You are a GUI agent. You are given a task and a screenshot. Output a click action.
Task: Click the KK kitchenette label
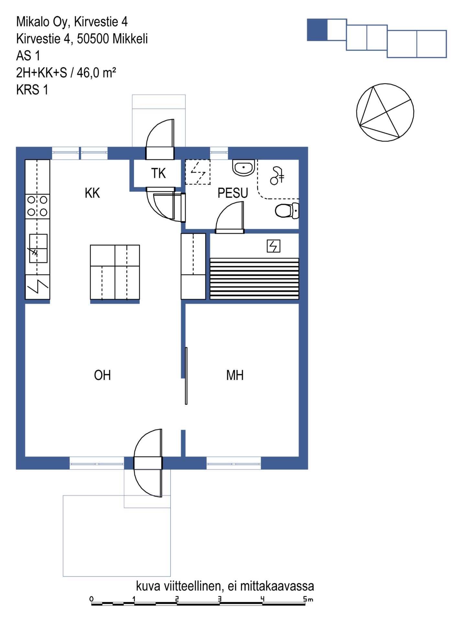(92, 193)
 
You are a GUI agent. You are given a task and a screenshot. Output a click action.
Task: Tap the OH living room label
(102, 375)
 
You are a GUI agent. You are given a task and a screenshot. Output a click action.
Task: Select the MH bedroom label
(235, 375)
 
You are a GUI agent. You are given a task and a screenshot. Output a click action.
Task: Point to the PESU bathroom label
(233, 193)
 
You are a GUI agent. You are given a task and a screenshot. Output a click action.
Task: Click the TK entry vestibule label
(158, 173)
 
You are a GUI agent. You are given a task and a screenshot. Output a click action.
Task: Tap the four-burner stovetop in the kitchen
(38, 206)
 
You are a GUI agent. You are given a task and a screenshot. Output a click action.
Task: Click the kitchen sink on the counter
(38, 248)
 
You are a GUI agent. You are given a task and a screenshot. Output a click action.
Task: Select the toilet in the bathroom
(287, 211)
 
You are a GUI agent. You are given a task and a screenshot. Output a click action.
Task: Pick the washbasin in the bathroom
(243, 168)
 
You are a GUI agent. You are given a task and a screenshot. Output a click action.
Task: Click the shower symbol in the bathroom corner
(277, 176)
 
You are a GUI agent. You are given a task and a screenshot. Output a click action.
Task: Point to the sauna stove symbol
(273, 246)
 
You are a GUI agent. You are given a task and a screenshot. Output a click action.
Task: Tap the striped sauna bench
(254, 279)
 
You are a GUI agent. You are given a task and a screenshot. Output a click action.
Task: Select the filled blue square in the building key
(317, 30)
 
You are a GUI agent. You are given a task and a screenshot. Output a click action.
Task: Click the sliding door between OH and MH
(186, 376)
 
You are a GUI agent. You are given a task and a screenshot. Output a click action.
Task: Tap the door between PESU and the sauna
(230, 217)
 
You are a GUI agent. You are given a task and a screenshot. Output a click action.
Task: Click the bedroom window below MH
(234, 463)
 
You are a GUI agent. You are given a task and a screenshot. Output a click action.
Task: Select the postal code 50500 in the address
(93, 39)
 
